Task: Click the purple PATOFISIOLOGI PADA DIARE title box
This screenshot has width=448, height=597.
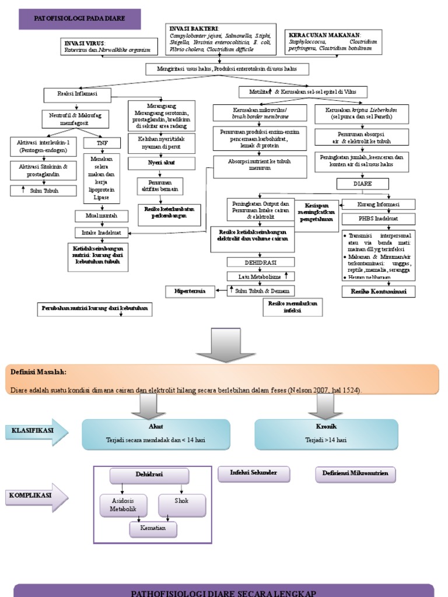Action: pyautogui.click(x=80, y=19)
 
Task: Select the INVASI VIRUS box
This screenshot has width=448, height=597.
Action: pyautogui.click(x=109, y=47)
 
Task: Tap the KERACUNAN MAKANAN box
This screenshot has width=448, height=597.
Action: pyautogui.click(x=333, y=42)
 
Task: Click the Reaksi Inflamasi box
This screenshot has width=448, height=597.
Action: pyautogui.click(x=77, y=93)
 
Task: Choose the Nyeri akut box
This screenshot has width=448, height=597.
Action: pyautogui.click(x=162, y=163)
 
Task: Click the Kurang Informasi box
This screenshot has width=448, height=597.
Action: pyautogui.click(x=378, y=204)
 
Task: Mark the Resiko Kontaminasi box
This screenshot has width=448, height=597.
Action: pyautogui.click(x=378, y=291)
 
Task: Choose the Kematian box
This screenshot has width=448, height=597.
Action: pyautogui.click(x=153, y=528)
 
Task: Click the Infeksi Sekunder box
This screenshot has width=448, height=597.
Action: pyautogui.click(x=254, y=473)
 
